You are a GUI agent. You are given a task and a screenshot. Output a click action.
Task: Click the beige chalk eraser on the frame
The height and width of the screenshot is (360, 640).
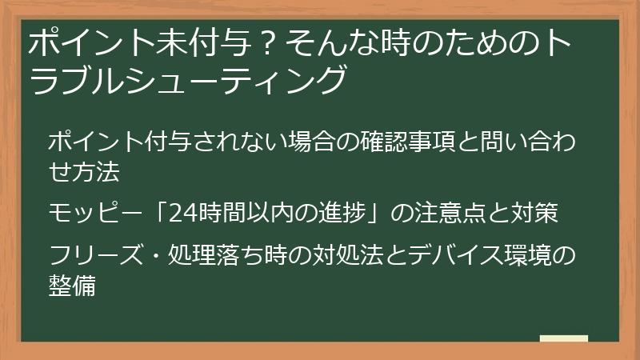point(564,339)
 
